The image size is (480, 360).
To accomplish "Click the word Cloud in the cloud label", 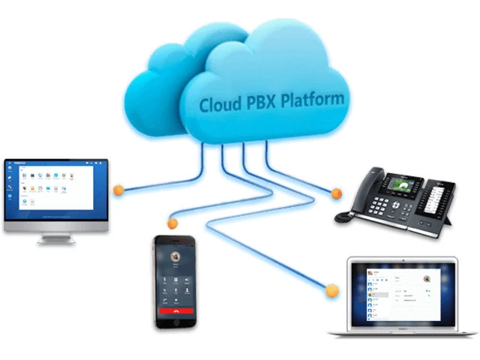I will pyautogui.click(x=217, y=104).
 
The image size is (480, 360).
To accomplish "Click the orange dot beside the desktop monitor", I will pyautogui.click(x=118, y=190).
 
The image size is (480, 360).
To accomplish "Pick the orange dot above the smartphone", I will pyautogui.click(x=172, y=223).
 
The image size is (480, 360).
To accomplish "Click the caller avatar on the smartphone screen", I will pyautogui.click(x=175, y=256).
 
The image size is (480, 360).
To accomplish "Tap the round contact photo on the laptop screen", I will pyautogui.click(x=426, y=280).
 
